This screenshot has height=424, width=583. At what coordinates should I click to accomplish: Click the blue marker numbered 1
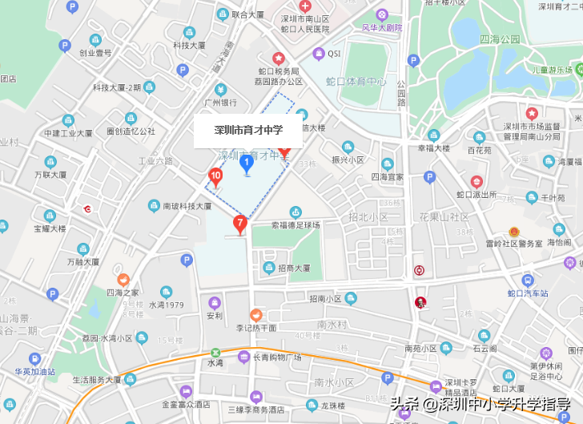coord(247,164)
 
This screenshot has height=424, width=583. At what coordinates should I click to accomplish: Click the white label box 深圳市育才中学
coord(247,131)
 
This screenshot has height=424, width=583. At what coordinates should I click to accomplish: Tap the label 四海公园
coord(500,38)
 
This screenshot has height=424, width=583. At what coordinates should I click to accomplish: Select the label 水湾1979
coord(167,305)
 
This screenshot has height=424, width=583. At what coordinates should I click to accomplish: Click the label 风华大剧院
coord(382,27)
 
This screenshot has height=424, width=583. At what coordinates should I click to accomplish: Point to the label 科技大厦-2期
coord(117,87)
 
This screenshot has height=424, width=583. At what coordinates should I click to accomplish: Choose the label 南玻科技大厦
coord(187,206)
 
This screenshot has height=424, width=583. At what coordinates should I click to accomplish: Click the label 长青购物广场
coord(277,357)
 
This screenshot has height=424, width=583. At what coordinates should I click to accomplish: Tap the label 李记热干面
coord(256,328)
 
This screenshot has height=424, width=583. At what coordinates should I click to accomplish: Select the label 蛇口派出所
coord(476,194)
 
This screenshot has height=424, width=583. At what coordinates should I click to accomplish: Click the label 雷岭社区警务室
coord(514,243)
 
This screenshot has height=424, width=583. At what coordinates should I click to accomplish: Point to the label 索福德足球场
coord(296,225)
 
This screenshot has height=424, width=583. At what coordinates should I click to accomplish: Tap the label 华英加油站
coord(34,371)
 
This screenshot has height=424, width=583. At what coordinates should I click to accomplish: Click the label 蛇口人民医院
coord(305,29)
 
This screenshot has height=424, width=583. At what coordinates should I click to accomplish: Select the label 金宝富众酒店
coord(186,405)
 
